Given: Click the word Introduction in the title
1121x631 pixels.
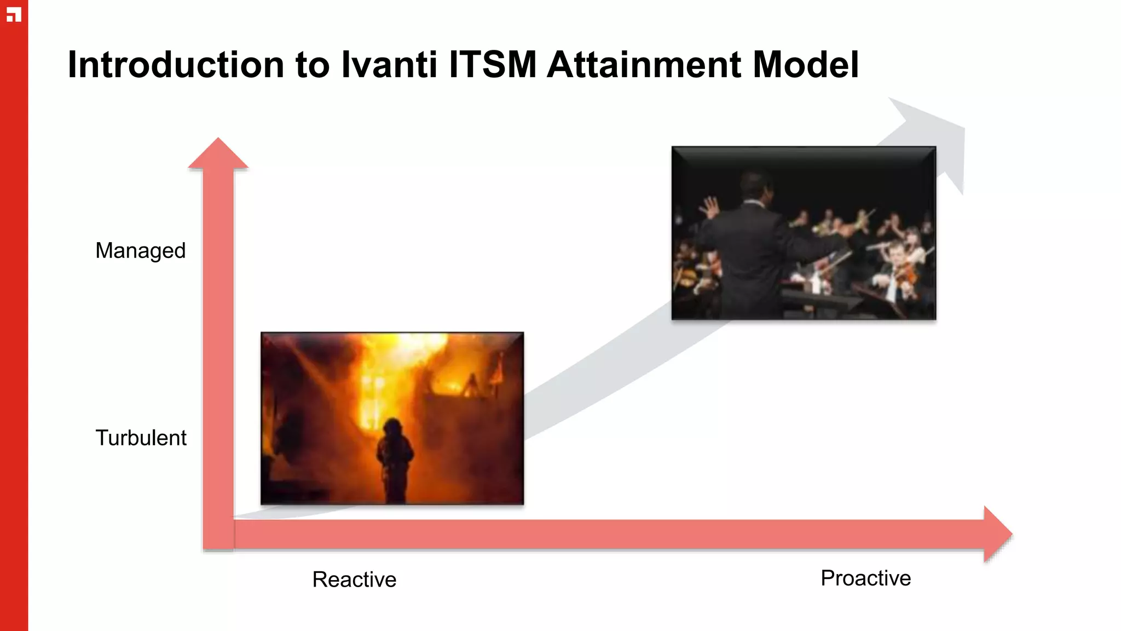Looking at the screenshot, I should [175, 65].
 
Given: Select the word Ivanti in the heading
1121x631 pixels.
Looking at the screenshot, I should [389, 65].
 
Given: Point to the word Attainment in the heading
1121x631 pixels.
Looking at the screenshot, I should [644, 65].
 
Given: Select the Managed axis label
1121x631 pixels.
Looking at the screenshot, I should [141, 251].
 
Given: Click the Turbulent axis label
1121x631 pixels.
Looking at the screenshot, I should [141, 438].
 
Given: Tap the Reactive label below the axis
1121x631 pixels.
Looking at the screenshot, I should [354, 580].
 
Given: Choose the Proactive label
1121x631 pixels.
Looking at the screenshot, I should [865, 578].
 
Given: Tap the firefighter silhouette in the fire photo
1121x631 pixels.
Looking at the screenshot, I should [394, 457].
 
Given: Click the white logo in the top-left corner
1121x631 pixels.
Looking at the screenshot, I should [14, 15].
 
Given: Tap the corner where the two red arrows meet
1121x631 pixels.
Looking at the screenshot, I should [218, 534].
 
